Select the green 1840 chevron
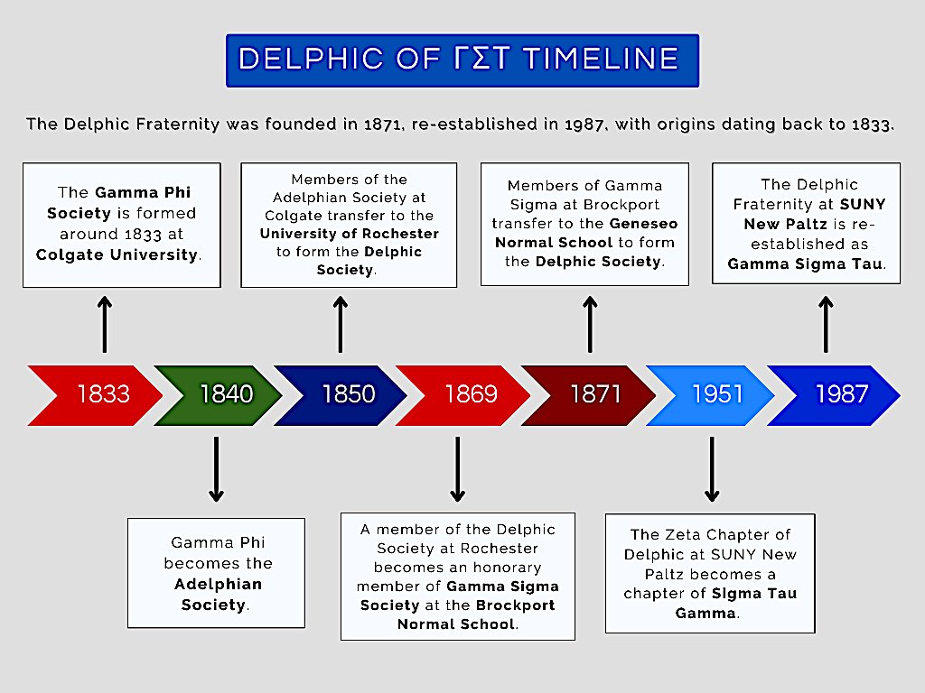click(x=221, y=394)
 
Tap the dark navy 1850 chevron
click(x=343, y=394)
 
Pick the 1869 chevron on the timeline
click(x=465, y=394)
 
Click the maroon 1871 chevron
click(x=592, y=394)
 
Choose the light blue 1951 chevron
click(x=714, y=394)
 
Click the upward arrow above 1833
click(x=105, y=324)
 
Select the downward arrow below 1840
click(x=216, y=468)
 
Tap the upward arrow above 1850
click(x=341, y=324)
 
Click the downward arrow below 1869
click(x=458, y=468)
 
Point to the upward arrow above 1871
click(x=590, y=324)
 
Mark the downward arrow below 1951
click(x=712, y=468)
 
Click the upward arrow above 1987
click(x=825, y=324)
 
